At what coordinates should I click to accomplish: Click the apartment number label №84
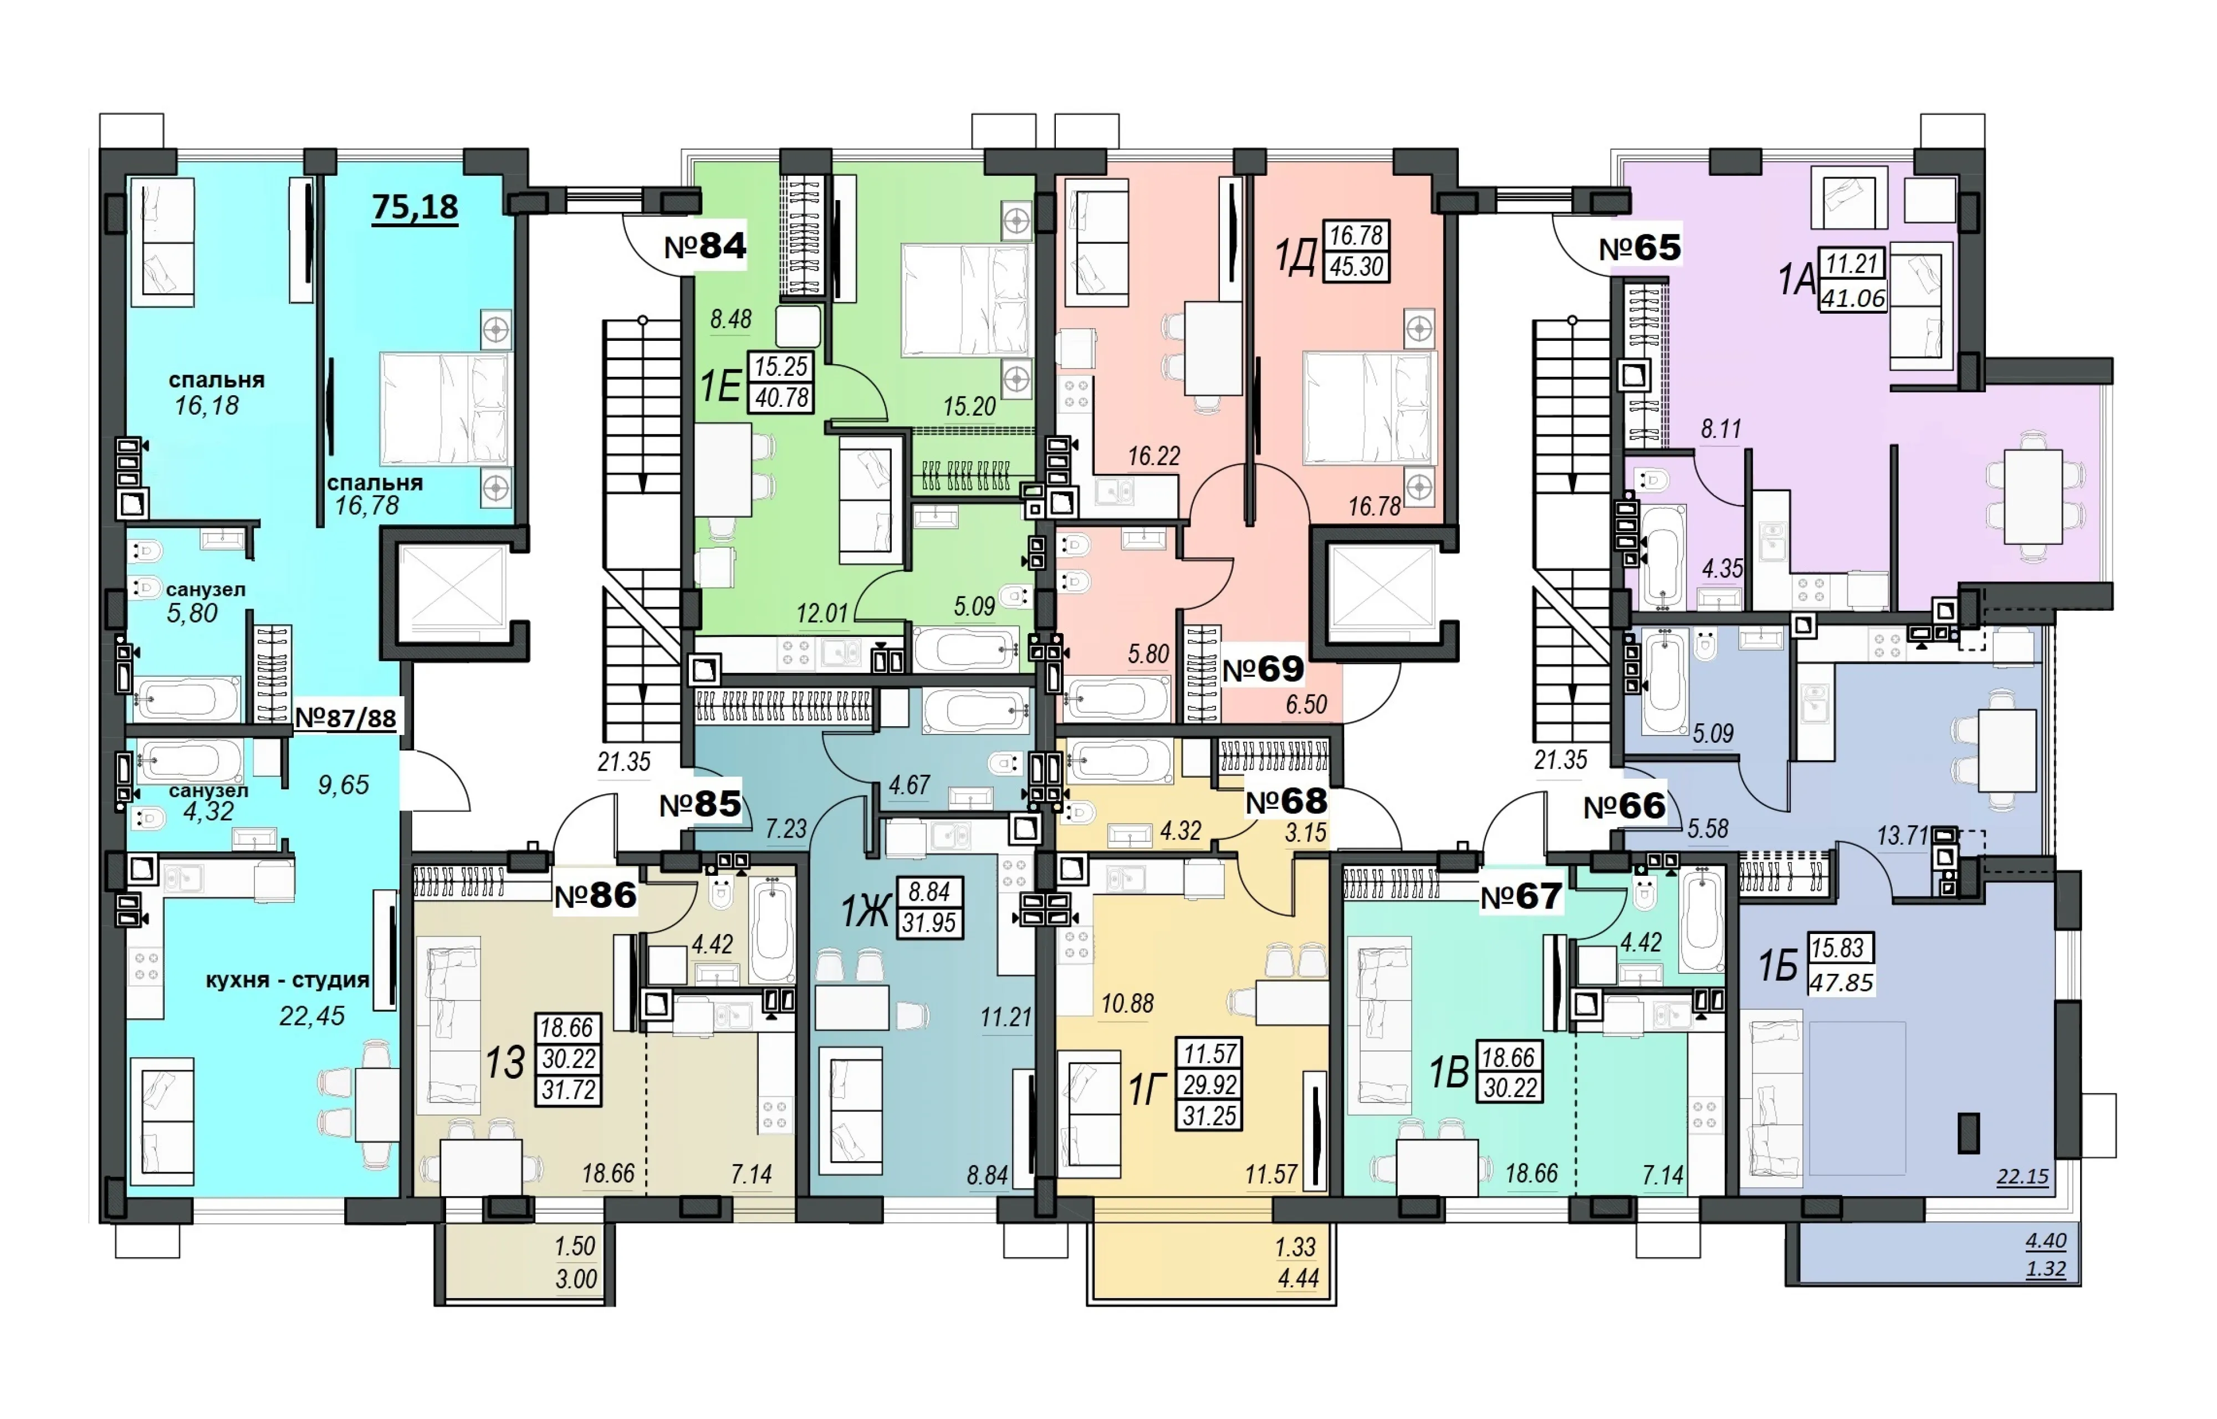point(704,246)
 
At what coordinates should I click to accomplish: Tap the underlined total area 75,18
point(415,207)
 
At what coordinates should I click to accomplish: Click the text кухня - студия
point(287,979)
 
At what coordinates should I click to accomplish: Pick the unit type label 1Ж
point(864,912)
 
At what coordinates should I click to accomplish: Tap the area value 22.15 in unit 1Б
point(2022,1177)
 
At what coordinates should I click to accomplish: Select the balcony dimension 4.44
point(1298,1279)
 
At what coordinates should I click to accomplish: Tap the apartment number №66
point(1625,807)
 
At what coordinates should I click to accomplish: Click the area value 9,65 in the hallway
point(344,785)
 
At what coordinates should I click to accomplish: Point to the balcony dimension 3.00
point(576,1279)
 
